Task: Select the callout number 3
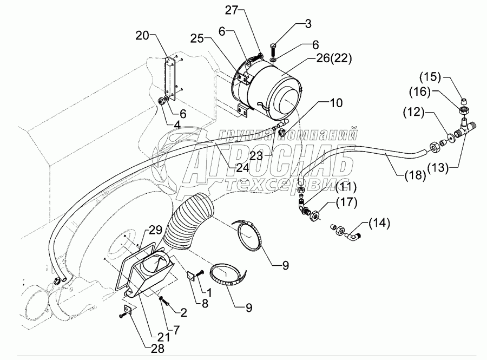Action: click(308, 24)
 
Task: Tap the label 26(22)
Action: click(333, 58)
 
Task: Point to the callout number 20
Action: click(142, 36)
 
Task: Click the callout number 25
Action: click(197, 38)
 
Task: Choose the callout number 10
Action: click(336, 102)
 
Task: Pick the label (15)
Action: click(430, 77)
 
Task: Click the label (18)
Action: click(415, 176)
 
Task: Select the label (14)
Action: click(379, 223)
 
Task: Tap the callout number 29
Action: click(155, 230)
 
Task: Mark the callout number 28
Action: click(157, 349)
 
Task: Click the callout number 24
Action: click(242, 168)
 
